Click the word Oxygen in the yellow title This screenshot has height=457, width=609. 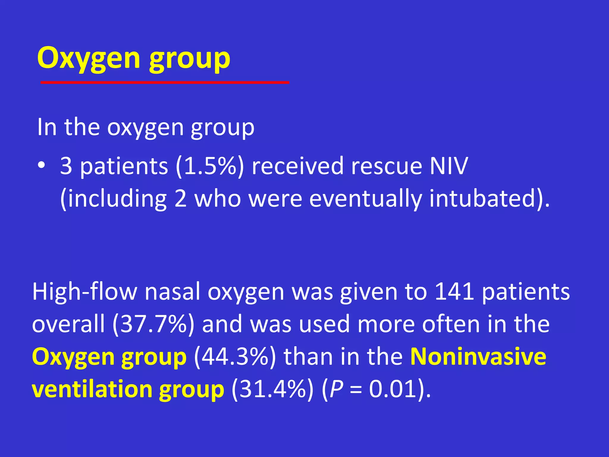click(x=89, y=59)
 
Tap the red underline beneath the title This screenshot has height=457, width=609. click(x=165, y=82)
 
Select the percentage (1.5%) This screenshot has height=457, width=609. click(x=210, y=166)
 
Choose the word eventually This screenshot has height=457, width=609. click(x=365, y=198)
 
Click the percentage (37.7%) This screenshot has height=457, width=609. click(x=153, y=324)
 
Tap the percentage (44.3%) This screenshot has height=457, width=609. click(x=235, y=356)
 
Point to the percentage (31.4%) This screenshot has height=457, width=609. click(x=272, y=389)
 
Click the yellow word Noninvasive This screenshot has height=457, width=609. click(x=478, y=356)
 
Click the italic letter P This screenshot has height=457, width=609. click(x=336, y=389)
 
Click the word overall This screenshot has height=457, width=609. click(x=68, y=324)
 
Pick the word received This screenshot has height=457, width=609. click(x=297, y=166)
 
